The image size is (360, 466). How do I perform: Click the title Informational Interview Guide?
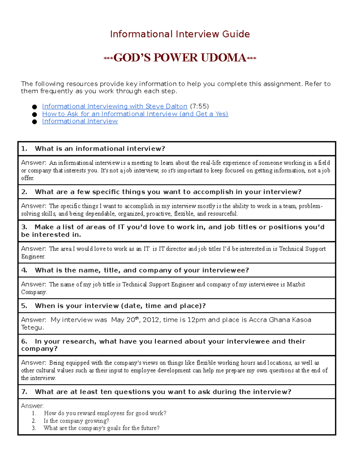point(180,34)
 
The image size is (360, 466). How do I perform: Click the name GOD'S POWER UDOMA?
point(180,58)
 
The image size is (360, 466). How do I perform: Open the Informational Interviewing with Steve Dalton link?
point(115,106)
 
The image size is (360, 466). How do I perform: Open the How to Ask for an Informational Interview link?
point(135,114)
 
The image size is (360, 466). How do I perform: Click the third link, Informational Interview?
point(80,121)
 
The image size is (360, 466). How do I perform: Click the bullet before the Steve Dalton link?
point(34,107)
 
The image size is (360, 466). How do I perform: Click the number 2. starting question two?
point(24,192)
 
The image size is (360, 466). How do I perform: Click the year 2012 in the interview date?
point(151,320)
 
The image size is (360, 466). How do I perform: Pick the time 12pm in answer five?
point(196,320)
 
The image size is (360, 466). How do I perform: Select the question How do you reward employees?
point(105,413)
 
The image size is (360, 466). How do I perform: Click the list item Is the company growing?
point(76,421)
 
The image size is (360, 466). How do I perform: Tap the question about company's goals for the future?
point(101,428)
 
